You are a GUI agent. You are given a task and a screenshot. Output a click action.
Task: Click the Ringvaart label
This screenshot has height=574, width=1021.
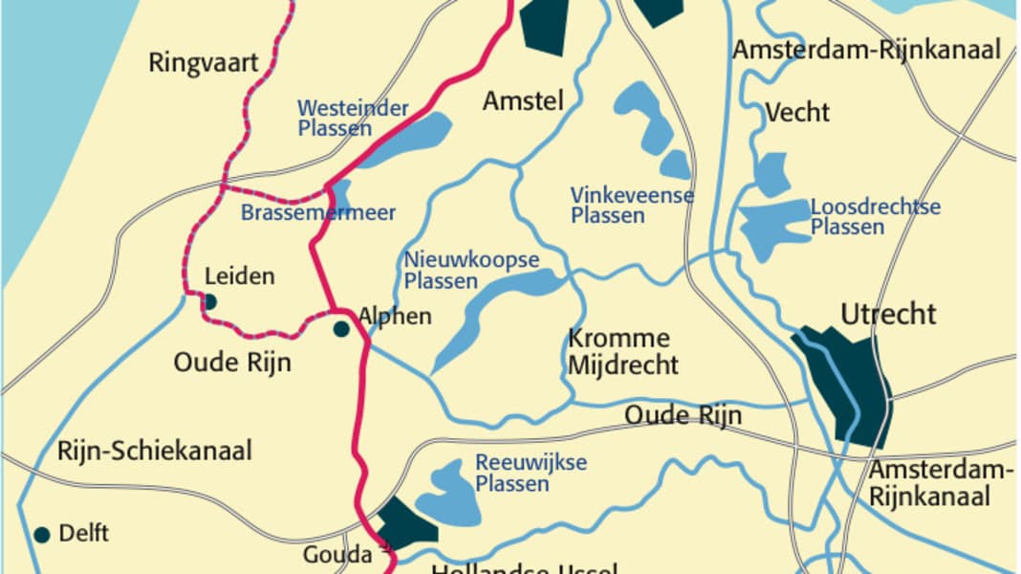coord(204,63)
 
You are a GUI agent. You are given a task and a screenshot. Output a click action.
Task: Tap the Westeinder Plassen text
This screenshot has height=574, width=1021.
coord(353,118)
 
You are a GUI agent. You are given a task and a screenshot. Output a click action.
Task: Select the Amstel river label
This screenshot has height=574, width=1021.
coord(523,100)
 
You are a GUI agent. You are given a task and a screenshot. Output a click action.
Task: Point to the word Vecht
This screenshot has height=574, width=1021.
coord(797,113)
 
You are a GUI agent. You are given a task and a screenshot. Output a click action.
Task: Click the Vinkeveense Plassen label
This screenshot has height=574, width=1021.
coord(632,205)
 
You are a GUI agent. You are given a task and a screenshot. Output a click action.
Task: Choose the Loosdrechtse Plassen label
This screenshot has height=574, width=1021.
coord(875,217)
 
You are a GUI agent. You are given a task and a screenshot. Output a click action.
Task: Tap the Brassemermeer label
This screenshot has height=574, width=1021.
coord(317,212)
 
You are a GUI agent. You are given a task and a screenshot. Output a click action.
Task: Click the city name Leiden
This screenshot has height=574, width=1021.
coord(240,277)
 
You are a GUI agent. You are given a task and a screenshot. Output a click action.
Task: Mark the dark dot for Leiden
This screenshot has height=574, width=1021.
coord(210,302)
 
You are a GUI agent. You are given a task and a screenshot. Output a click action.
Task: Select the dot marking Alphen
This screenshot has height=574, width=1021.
coord(341,329)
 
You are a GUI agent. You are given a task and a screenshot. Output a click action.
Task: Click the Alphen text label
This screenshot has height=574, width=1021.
coord(395,317)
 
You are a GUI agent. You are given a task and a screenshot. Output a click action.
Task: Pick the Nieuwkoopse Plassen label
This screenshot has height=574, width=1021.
coord(471,271)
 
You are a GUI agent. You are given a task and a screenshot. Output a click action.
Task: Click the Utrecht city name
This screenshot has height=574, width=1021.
coord(888,314)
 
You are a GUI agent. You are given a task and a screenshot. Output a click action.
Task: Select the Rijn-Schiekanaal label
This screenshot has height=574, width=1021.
coord(154,451)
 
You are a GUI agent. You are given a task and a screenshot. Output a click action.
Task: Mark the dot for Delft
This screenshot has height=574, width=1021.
coord(41,535)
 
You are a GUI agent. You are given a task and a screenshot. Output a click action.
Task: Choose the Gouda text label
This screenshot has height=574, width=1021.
coord(337,554)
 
